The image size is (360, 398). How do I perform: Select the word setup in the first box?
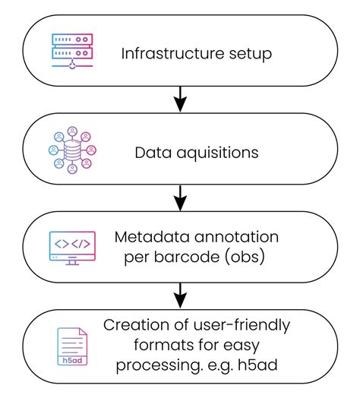(245, 55)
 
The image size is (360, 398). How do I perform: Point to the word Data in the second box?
(150, 153)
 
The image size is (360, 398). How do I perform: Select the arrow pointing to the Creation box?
(180, 293)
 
